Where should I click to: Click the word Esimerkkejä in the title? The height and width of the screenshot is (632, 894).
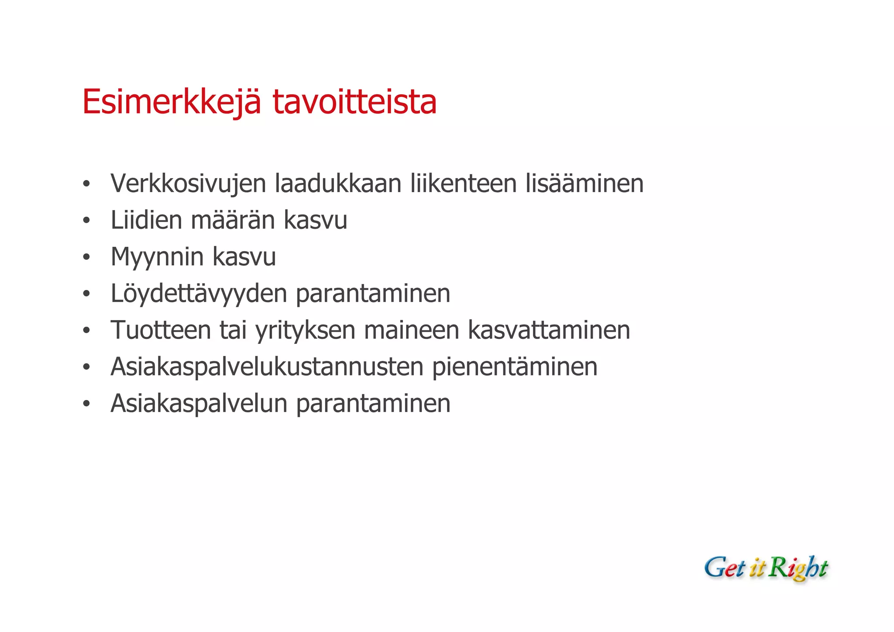pyautogui.click(x=172, y=103)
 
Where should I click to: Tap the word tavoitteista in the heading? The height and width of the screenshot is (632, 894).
pyautogui.click(x=354, y=103)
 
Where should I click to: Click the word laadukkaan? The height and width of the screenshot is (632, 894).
pyautogui.click(x=338, y=183)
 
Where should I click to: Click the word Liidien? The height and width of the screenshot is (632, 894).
pyautogui.click(x=146, y=220)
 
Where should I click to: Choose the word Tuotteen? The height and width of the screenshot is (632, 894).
pyautogui.click(x=161, y=330)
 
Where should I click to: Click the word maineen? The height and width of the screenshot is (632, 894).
pyautogui.click(x=411, y=330)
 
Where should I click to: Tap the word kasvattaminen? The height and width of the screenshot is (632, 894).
pyautogui.click(x=549, y=330)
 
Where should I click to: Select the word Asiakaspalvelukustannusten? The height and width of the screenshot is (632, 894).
pyautogui.click(x=267, y=367)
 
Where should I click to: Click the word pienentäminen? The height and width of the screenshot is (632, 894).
pyautogui.click(x=515, y=367)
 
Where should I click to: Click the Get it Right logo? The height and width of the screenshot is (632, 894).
pyautogui.click(x=766, y=568)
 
